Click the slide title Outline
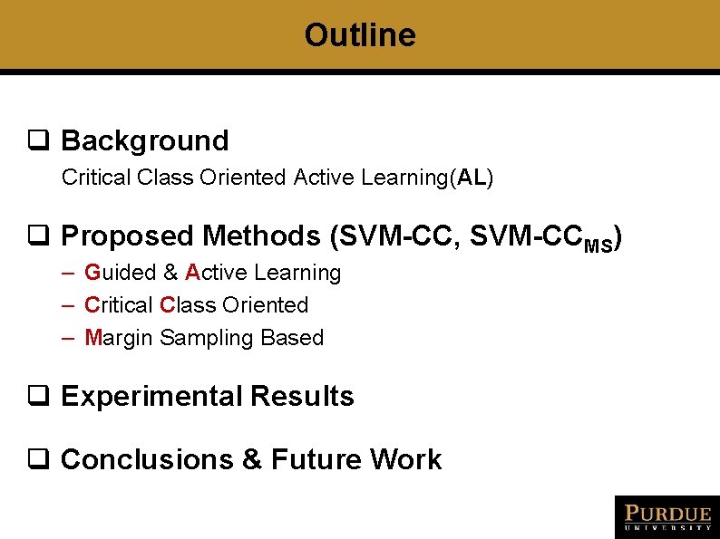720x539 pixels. (x=360, y=35)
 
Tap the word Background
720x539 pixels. (x=144, y=141)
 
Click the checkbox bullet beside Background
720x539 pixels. (x=37, y=141)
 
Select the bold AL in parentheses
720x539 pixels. (x=472, y=178)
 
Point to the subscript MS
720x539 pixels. (x=598, y=245)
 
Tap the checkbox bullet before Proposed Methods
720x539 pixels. (x=37, y=236)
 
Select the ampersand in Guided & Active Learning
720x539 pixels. (x=170, y=273)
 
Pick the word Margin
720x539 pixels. (x=119, y=338)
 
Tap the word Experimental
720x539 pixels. (x=151, y=397)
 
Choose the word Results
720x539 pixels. (x=302, y=397)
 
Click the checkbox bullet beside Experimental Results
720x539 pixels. (x=37, y=397)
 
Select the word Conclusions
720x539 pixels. (x=147, y=460)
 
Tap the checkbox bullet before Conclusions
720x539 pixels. (x=37, y=460)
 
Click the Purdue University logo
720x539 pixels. (x=666, y=516)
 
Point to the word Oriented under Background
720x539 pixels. (x=248, y=178)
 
